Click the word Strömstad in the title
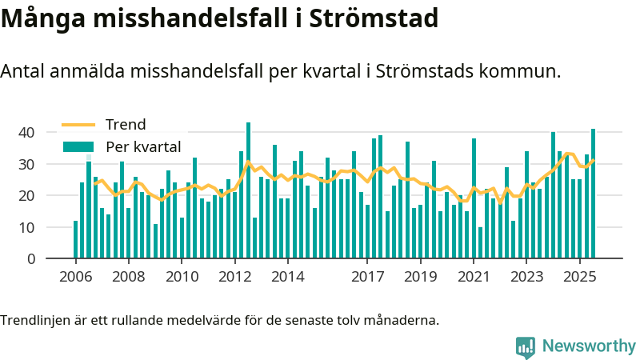point(370,18)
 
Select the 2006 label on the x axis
point(75,278)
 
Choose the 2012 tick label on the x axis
point(234,278)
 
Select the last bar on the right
point(593,194)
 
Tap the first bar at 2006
point(75,239)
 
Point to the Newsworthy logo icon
point(526,346)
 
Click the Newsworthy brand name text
point(589,346)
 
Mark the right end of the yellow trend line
point(594,161)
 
